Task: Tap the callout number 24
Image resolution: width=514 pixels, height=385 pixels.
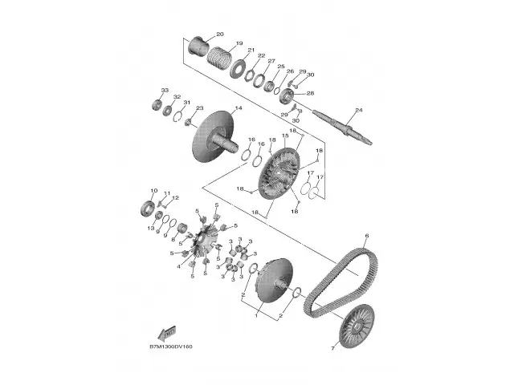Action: [358, 109]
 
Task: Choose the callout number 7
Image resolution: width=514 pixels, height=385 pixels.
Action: [332, 349]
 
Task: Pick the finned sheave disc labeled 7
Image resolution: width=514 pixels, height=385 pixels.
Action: [353, 326]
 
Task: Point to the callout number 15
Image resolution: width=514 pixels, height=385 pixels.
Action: [284, 136]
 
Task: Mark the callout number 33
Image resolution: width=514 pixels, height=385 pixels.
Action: [164, 90]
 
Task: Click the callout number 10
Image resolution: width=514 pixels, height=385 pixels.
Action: [152, 190]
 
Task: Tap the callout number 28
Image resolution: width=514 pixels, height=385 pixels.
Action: [310, 93]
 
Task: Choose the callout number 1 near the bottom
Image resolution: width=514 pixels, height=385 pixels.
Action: [256, 316]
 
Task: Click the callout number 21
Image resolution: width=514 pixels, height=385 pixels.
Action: [251, 51]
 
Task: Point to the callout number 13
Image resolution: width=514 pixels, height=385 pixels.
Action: [150, 229]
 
